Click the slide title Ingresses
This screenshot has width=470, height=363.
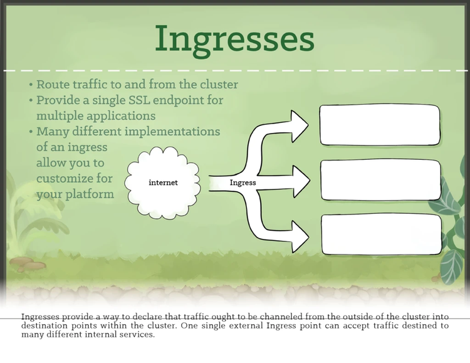[x=234, y=39]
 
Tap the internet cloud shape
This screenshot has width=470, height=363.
[x=164, y=182]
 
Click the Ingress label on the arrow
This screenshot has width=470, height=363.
[x=243, y=182]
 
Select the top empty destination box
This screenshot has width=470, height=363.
[x=380, y=125]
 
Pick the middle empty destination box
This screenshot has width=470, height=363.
[x=380, y=180]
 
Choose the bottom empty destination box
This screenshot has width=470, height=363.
[x=380, y=234]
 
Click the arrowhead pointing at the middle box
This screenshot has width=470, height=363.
[x=301, y=182]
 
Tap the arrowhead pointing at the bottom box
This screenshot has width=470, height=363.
[x=300, y=238]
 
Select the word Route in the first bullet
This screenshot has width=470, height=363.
[x=51, y=85]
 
